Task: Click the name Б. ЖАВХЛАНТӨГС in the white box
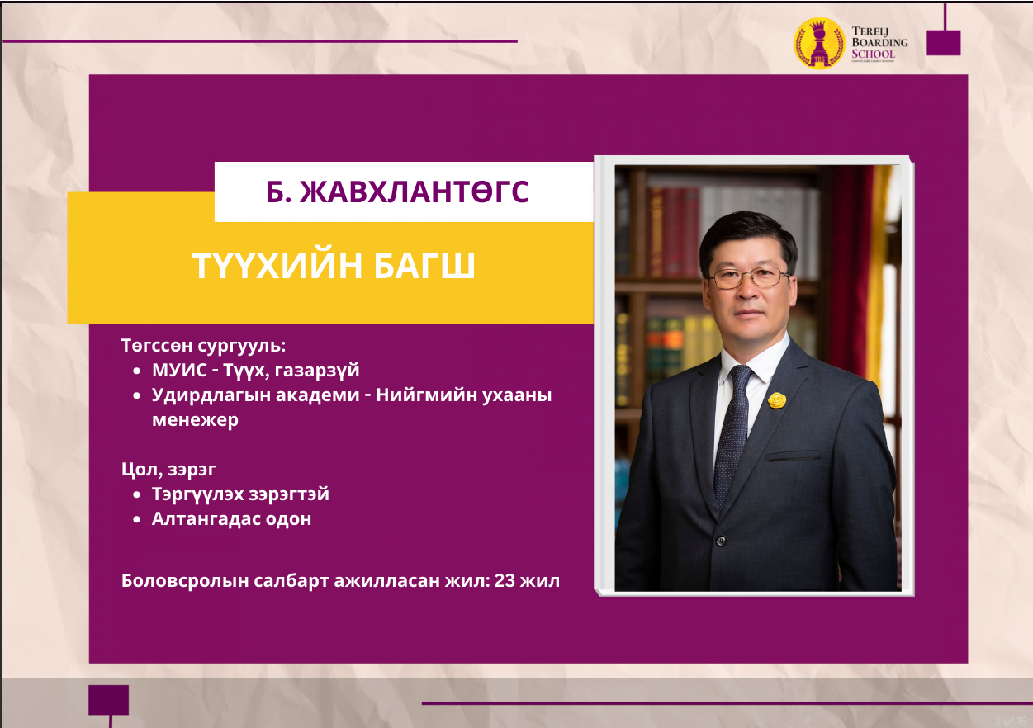point(397,191)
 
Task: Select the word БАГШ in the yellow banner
point(424,266)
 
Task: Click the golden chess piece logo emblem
point(819,43)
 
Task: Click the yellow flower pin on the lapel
point(777,399)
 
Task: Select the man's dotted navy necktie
point(732,433)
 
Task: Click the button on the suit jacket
point(721,541)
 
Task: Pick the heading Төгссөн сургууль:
point(203,345)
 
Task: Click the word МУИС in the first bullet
point(180,371)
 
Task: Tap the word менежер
point(195,420)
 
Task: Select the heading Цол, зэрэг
point(168,470)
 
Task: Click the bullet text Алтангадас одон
point(231,519)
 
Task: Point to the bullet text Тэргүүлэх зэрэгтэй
point(241,494)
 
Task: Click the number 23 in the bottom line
point(505,581)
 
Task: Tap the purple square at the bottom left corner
point(108,700)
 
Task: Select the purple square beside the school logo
point(944,43)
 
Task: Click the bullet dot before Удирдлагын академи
point(136,395)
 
